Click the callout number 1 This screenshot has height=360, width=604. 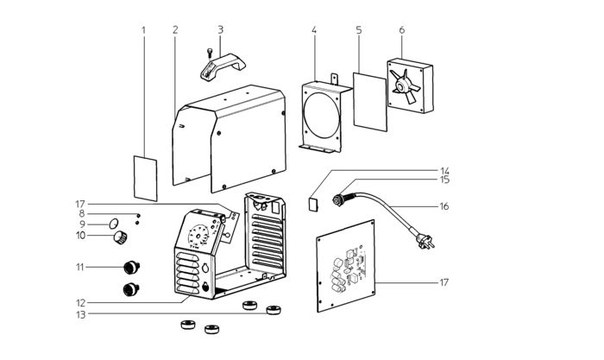click(x=144, y=30)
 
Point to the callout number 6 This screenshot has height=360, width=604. click(x=402, y=30)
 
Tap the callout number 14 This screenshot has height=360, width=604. click(x=445, y=171)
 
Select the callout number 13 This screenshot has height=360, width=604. click(x=80, y=314)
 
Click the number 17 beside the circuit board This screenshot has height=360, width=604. click(x=444, y=282)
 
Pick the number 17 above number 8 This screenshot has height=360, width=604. click(x=79, y=204)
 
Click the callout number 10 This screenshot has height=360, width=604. click(x=80, y=235)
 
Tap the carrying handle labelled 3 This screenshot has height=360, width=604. click(x=223, y=66)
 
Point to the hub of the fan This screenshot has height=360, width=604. click(x=403, y=86)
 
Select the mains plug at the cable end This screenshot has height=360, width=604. click(x=425, y=241)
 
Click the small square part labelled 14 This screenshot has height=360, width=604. click(x=313, y=204)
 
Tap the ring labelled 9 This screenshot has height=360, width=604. click(x=113, y=224)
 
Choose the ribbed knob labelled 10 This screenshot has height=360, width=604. click(x=120, y=237)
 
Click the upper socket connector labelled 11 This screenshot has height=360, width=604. click(x=131, y=267)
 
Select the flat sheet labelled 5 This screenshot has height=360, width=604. click(x=370, y=102)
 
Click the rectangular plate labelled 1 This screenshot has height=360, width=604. click(x=145, y=179)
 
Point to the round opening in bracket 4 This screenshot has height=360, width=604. click(x=322, y=115)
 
